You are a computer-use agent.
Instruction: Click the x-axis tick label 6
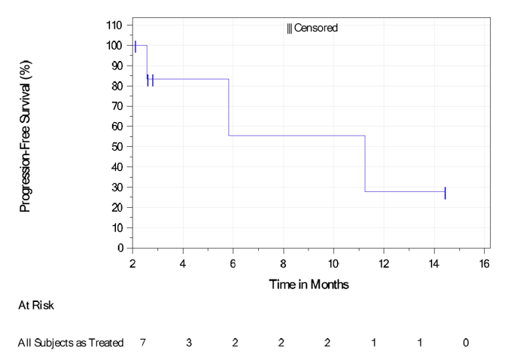233,263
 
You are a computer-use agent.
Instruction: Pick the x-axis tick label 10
333,263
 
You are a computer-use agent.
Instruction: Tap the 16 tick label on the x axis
484,263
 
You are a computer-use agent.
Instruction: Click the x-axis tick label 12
384,263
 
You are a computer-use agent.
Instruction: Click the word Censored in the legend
316,29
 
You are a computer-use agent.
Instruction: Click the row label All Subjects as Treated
70,343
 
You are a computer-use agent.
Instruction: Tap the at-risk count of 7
142,343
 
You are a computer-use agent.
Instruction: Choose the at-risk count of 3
189,343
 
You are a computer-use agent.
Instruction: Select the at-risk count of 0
466,343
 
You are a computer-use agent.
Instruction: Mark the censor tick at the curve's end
445,193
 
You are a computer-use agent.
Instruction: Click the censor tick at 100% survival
135,46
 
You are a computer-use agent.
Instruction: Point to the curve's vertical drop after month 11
365,163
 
